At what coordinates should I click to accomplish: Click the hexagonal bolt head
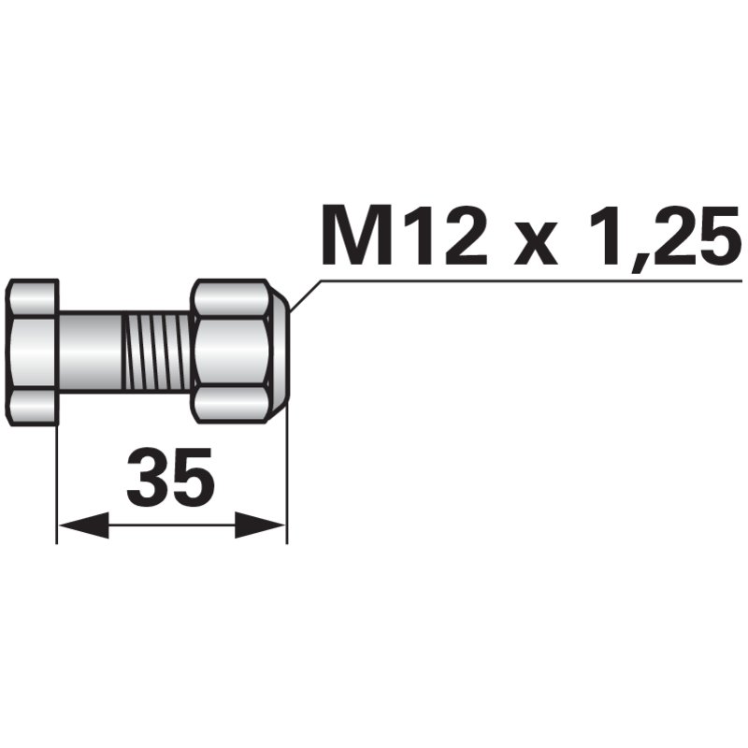pyautogui.click(x=33, y=351)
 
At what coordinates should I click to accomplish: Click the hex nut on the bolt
pyautogui.click(x=234, y=351)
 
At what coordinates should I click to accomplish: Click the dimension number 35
pyautogui.click(x=171, y=478)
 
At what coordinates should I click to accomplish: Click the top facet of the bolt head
pyautogui.click(x=34, y=297)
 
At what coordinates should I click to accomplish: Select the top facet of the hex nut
pyautogui.click(x=232, y=297)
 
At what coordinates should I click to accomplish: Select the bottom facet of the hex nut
pyautogui.click(x=232, y=404)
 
